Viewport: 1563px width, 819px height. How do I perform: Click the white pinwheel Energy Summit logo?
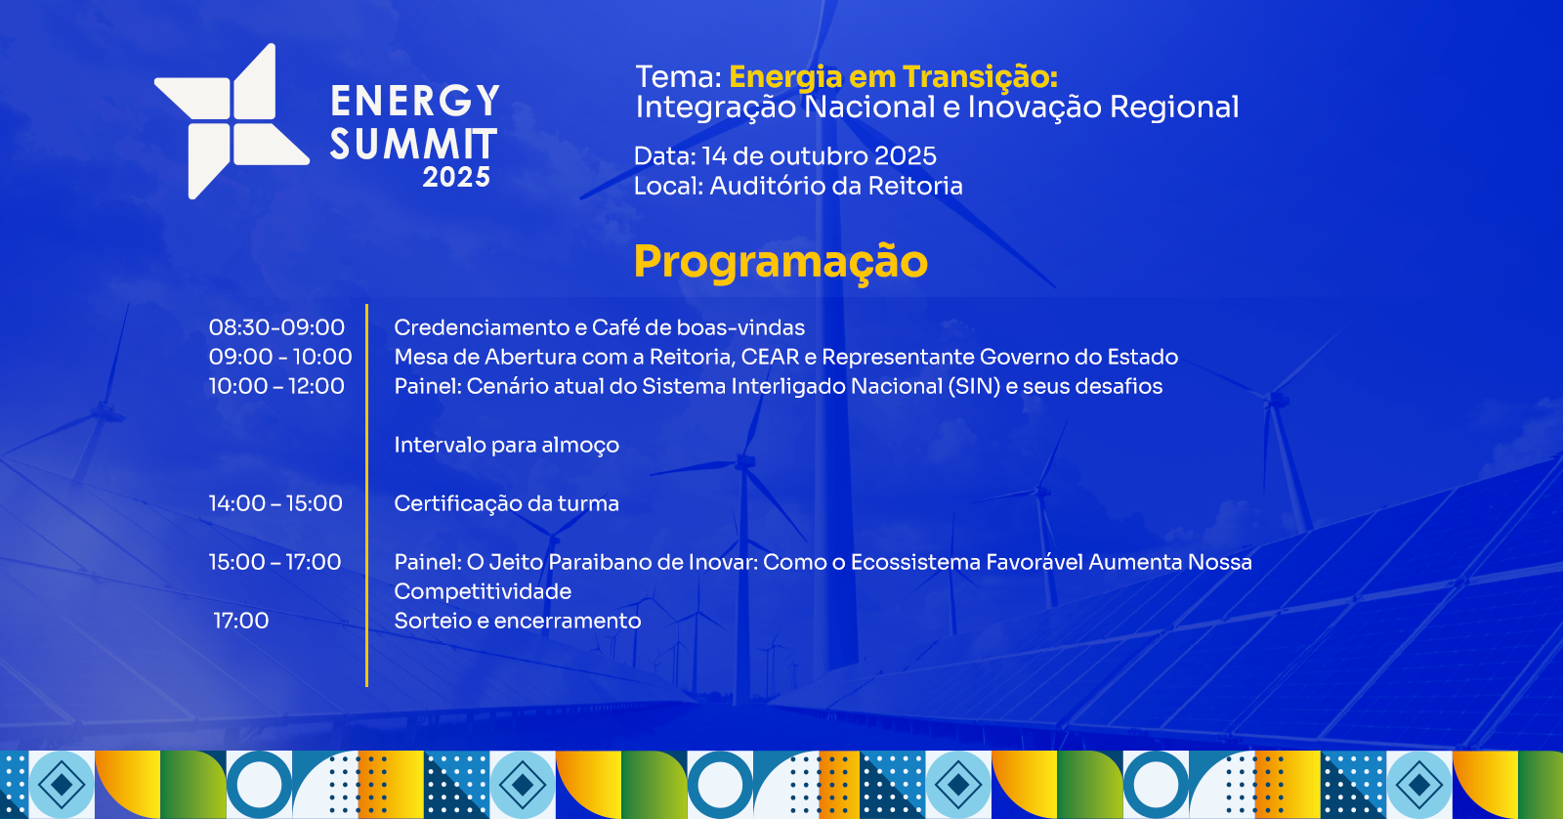coord(231,121)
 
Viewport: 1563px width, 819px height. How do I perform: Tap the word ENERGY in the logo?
coord(415,102)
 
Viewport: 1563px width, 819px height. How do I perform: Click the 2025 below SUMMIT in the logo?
coord(456,177)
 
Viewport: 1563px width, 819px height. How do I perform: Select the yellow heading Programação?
coord(781,263)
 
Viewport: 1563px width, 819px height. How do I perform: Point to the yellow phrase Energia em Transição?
coord(893,77)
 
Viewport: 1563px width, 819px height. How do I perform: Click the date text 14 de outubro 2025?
coord(820,155)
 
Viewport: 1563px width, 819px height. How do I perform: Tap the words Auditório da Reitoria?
coord(836,186)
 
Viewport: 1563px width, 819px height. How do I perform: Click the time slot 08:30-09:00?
coord(276,327)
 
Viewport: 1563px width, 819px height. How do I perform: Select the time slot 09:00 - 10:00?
coord(280,357)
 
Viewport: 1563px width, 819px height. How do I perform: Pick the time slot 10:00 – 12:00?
coord(276,386)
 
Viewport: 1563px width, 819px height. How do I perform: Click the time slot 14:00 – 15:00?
coord(275,503)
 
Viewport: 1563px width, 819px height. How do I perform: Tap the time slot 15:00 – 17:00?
coord(275,562)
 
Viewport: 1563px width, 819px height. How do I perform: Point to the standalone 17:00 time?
coord(240,621)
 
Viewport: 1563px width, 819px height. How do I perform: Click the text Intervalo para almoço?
coord(507,446)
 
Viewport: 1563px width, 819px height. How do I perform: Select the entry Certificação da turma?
coord(507,504)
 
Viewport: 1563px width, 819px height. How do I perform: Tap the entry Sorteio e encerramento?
coord(518,621)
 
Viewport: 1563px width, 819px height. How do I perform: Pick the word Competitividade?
coord(483,592)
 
